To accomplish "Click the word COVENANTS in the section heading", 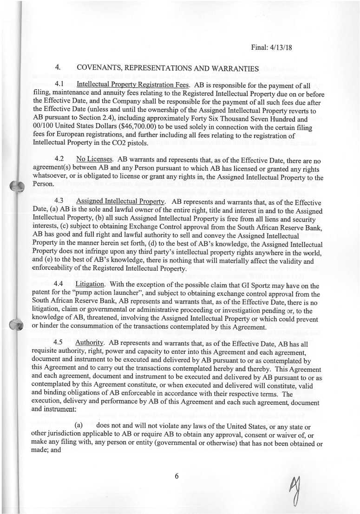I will [x=99, y=69].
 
